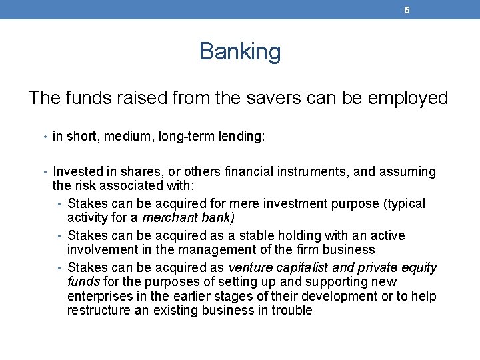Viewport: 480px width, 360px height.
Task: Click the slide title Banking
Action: (240, 51)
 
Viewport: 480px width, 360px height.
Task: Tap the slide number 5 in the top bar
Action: (407, 10)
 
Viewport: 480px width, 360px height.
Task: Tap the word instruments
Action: (313, 172)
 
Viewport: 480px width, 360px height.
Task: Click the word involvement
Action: (103, 249)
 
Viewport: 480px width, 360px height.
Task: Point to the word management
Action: (231, 249)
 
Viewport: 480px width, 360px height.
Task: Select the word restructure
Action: (99, 310)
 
